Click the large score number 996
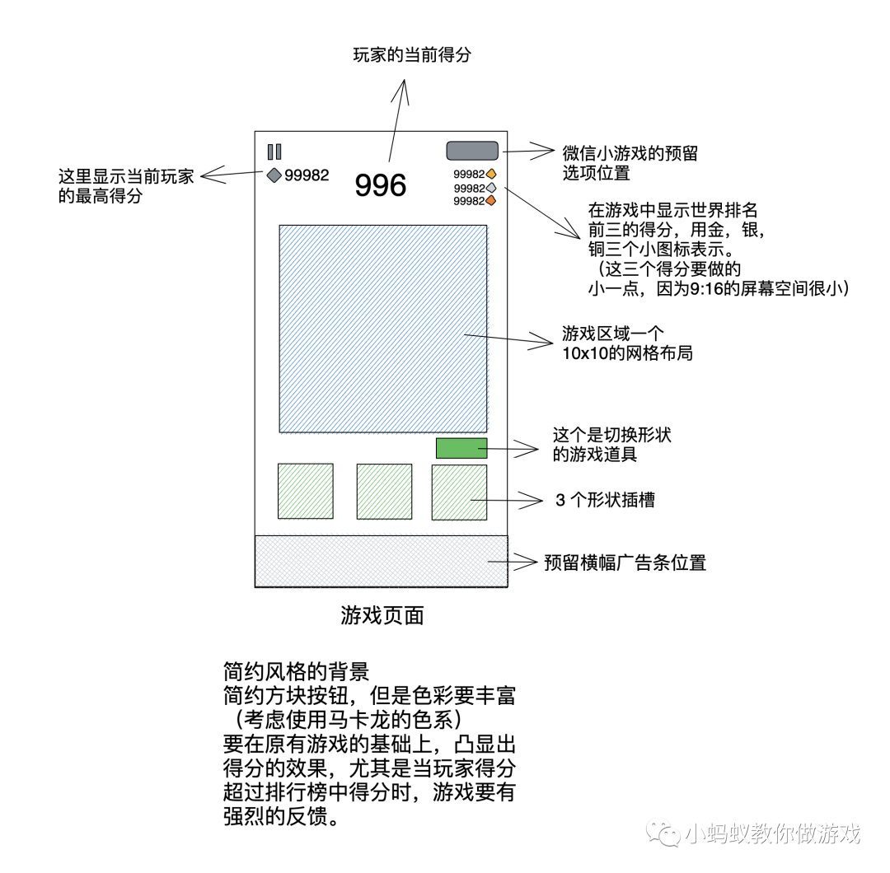click(x=381, y=185)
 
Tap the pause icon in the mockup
click(x=274, y=152)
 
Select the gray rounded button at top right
click(x=472, y=151)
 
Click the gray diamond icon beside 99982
click(x=274, y=175)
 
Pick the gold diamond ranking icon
click(x=491, y=174)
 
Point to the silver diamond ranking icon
click(x=491, y=188)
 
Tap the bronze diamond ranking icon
click(x=491, y=201)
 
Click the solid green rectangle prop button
click(x=461, y=448)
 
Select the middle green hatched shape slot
click(x=384, y=492)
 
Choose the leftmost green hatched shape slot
click(x=305, y=492)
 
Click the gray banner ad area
click(x=381, y=562)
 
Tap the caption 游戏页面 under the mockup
click(x=382, y=615)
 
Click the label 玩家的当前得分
click(x=412, y=56)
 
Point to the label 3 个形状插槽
click(x=606, y=500)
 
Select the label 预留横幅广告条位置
click(x=625, y=563)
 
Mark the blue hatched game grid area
click(x=382, y=329)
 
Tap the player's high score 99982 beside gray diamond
click(x=307, y=175)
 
